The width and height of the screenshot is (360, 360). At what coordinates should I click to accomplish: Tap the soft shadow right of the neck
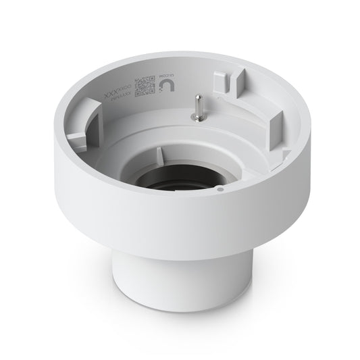pyautogui.click(x=270, y=297)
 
